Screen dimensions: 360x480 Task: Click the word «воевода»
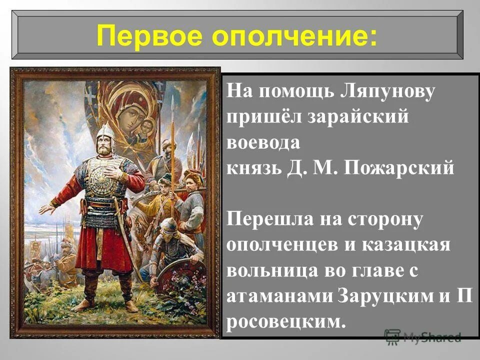tap(264, 143)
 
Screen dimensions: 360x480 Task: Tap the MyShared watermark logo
tap(423, 336)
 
